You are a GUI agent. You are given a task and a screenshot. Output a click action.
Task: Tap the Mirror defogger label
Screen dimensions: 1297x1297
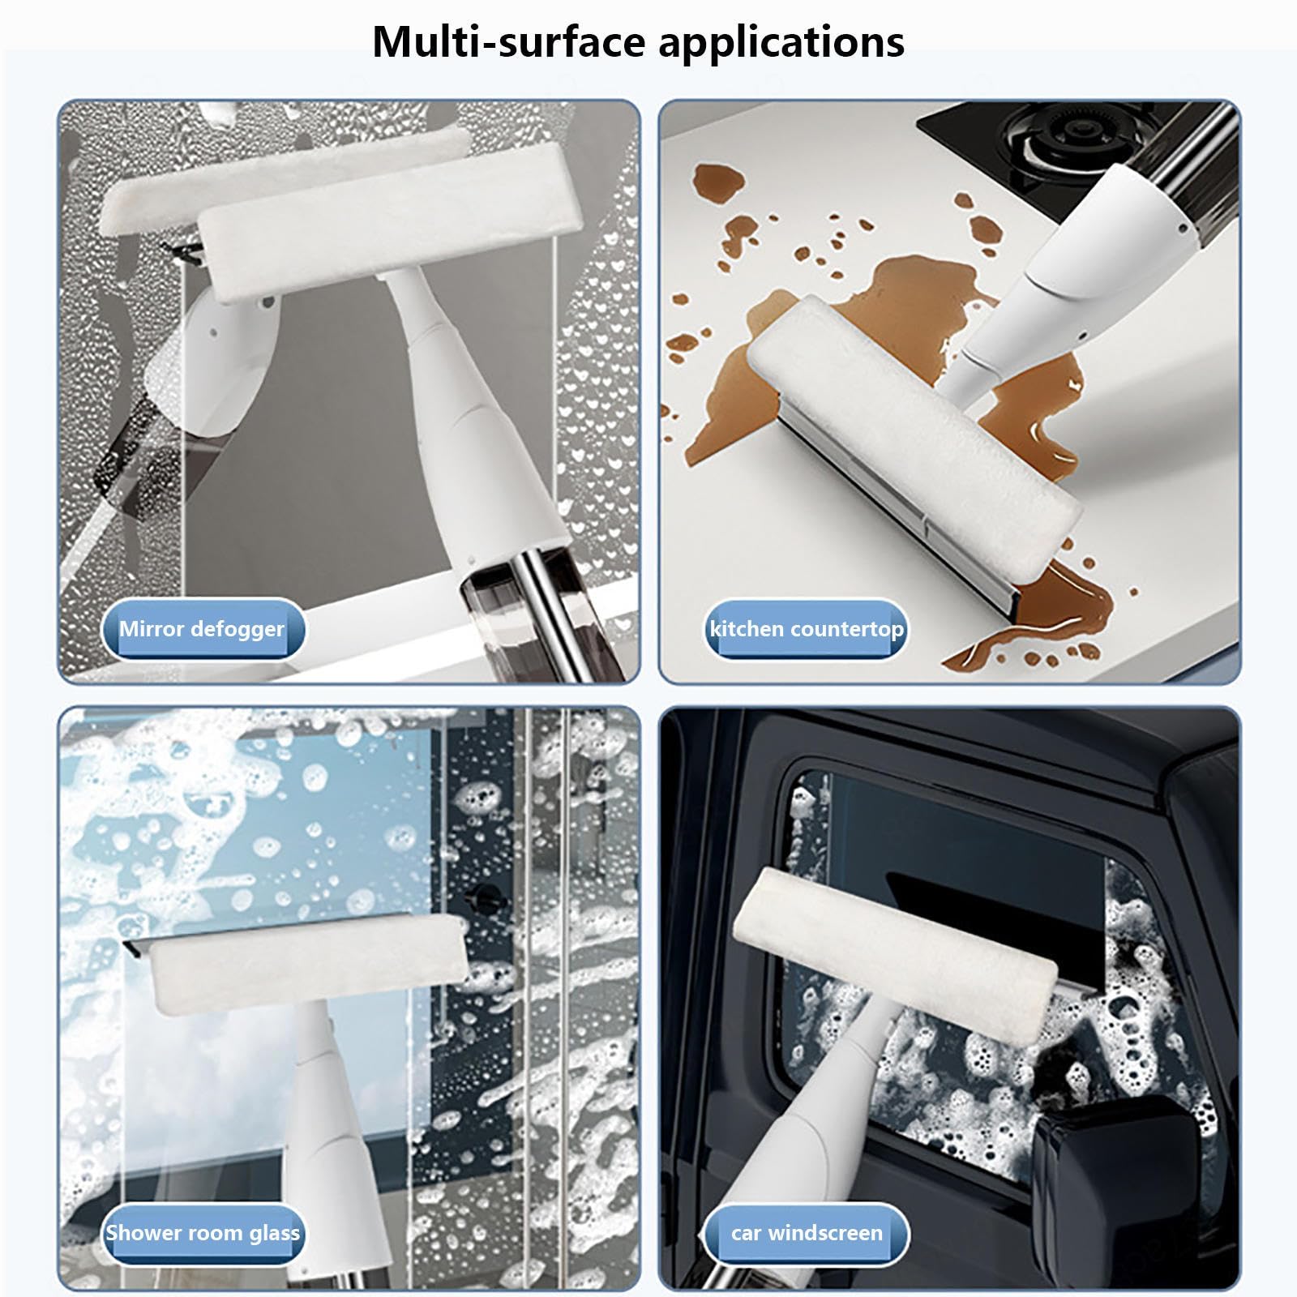[203, 629]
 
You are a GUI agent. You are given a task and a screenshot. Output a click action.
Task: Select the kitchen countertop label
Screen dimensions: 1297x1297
[807, 629]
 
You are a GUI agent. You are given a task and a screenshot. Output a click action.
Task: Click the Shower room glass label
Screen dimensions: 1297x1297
[203, 1233]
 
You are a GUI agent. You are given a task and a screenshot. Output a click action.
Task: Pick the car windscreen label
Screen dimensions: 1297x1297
[807, 1233]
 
